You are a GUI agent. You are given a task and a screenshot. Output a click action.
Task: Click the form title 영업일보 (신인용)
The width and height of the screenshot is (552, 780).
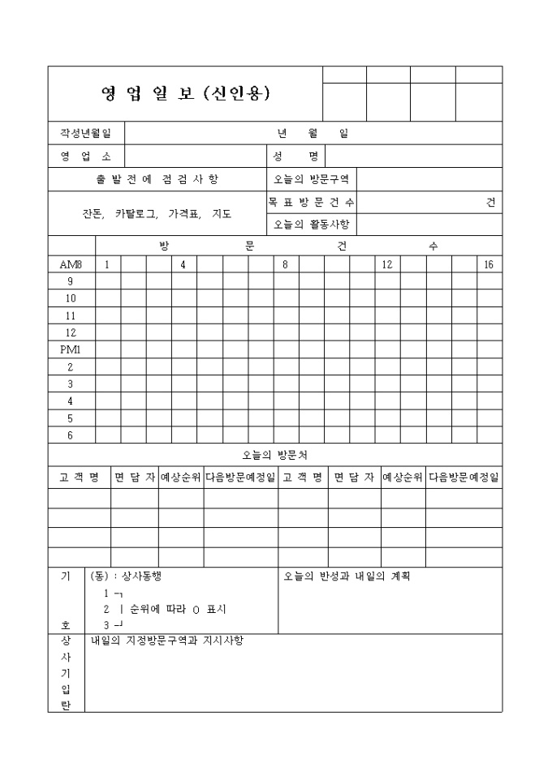[185, 93]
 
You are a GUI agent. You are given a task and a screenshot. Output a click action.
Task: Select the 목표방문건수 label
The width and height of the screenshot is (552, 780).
[311, 202]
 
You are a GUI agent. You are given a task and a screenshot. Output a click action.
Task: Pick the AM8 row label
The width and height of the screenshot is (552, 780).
[71, 265]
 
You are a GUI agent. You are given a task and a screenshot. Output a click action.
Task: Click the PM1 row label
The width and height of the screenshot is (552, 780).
[71, 350]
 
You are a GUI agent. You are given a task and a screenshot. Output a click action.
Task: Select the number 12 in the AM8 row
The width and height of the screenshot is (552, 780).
[387, 265]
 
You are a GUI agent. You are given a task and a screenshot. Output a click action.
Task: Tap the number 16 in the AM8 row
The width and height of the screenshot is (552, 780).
[489, 265]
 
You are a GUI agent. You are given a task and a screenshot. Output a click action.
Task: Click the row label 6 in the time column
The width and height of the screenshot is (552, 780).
[71, 435]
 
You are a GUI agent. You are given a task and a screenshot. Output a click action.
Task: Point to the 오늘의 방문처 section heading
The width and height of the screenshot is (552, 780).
[274, 455]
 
